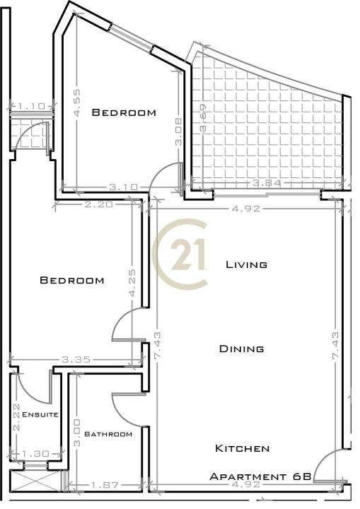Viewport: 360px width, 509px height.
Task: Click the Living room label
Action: point(247,264)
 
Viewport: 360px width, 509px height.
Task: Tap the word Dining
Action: point(241,349)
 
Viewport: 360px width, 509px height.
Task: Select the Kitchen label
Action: point(243,448)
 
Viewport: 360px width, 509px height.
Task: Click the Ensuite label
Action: point(40,414)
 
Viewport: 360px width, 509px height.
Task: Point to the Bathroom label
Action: point(108,434)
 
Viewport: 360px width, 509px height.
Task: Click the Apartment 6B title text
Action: point(260,476)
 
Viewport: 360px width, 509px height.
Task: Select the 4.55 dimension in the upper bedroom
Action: point(77,103)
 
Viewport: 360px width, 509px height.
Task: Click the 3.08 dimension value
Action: point(179,131)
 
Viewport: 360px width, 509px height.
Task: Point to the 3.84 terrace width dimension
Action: point(267,183)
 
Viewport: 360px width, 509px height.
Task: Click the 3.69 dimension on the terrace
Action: point(204,117)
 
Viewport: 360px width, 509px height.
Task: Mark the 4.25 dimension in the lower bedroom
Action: point(132,283)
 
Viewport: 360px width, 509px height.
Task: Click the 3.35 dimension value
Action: point(76,360)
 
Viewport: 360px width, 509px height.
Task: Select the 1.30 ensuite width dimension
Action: point(35,453)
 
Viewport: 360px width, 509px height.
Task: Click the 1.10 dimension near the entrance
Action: point(31,106)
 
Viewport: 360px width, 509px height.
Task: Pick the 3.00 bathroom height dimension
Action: point(76,433)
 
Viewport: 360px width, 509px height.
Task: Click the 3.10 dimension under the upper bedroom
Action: point(123,187)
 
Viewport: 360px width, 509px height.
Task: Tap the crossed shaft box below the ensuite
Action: point(35,481)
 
